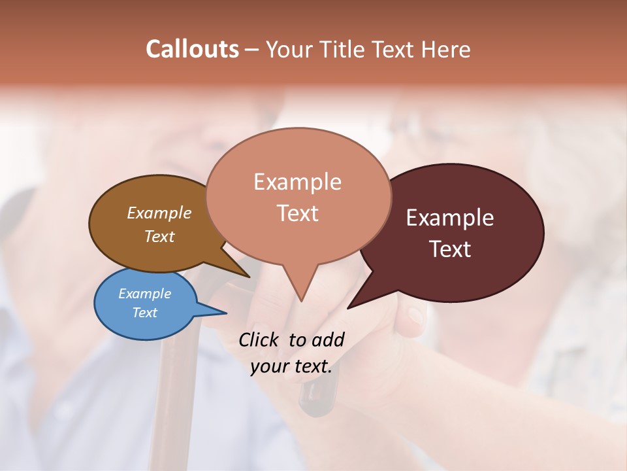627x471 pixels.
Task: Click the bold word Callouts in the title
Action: coord(192,49)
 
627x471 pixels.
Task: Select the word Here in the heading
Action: coord(444,49)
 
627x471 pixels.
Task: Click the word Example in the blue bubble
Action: coord(144,294)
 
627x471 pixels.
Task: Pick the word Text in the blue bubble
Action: coord(144,313)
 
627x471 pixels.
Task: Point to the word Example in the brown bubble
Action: coord(159,213)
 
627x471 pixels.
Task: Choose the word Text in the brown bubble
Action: coord(159,236)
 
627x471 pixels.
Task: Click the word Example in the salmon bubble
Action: coord(297,181)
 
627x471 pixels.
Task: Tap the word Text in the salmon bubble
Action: coord(297,213)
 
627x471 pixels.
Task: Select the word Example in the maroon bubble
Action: coord(450,217)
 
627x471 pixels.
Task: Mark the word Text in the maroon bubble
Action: coord(450,249)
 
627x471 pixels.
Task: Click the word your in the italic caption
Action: coord(268,366)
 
